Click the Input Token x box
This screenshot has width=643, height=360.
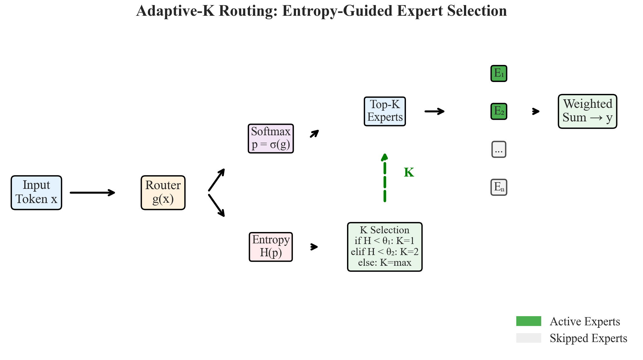[36, 193]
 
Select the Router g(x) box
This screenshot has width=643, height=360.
[163, 193]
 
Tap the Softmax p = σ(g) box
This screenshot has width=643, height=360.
[271, 138]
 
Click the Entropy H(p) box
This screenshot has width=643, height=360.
[271, 247]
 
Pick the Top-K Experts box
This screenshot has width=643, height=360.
[385, 111]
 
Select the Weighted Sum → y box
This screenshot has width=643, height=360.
[587, 111]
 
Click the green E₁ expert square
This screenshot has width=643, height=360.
[499, 73]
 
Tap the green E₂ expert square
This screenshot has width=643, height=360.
[499, 111]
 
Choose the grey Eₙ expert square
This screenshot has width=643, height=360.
[499, 187]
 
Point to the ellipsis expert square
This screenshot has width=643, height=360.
[499, 149]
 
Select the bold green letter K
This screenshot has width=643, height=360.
[409, 172]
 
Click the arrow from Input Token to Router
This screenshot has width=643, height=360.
[92, 193]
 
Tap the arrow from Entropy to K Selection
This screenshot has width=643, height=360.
[314, 247]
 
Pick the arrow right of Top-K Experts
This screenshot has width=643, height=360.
[434, 111]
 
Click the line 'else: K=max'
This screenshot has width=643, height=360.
[385, 263]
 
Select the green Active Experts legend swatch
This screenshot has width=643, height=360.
[529, 321]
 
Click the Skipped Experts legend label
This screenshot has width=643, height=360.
[588, 338]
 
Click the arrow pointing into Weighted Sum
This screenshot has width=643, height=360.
[536, 111]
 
